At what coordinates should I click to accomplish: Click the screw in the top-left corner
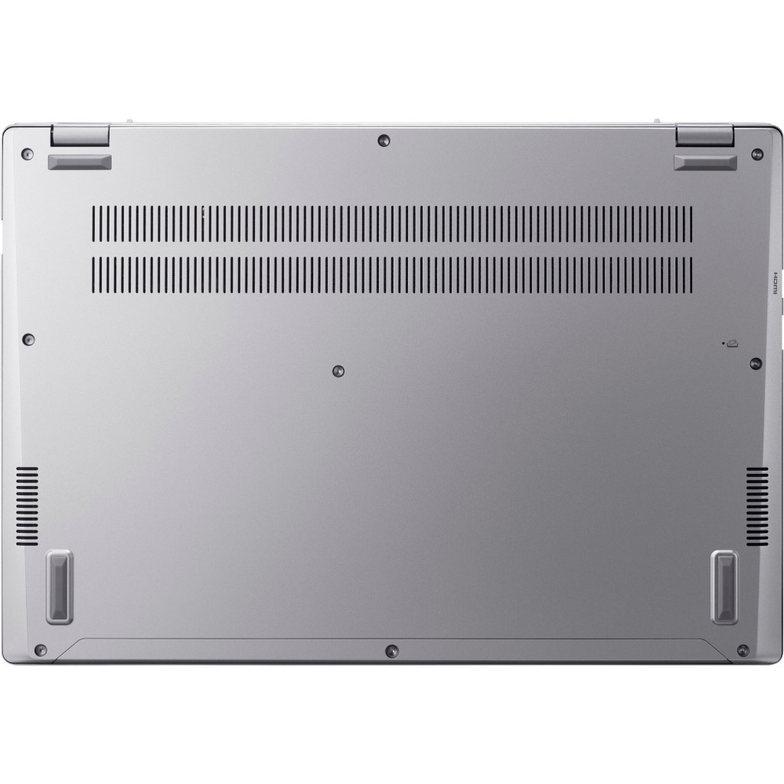point(28,153)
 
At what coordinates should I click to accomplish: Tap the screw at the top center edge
point(383,140)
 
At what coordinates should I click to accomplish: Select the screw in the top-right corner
point(756,153)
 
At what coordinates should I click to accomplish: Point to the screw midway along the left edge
point(29,338)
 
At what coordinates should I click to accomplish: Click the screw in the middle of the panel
point(338,371)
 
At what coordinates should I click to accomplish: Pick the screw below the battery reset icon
point(755,362)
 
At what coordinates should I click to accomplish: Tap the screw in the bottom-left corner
point(41,649)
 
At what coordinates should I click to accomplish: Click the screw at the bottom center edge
point(392,650)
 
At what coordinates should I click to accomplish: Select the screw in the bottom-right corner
point(742,649)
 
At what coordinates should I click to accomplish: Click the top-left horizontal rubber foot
point(80,162)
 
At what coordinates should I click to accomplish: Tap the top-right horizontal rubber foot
point(705,162)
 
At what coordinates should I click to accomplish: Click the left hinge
point(80,135)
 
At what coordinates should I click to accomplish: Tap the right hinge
point(705,135)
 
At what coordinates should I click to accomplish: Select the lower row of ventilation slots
point(392,274)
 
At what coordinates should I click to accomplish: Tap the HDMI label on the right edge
point(773,284)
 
